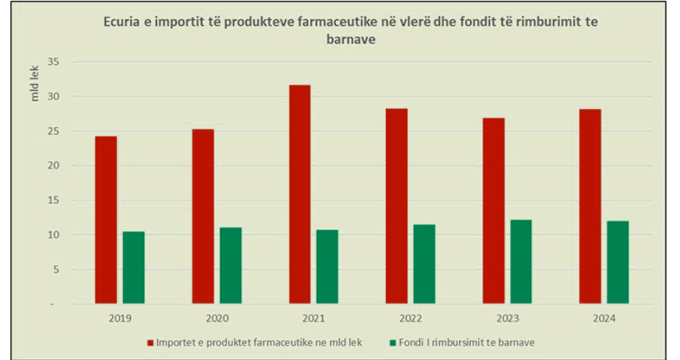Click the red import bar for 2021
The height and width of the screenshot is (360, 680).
pyautogui.click(x=300, y=194)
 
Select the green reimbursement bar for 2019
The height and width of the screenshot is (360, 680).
pyautogui.click(x=133, y=267)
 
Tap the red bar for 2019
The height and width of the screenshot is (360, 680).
pyautogui.click(x=106, y=219)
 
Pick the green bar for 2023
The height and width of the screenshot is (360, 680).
pyautogui.click(x=521, y=261)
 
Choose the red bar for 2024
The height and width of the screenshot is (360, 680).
pyautogui.click(x=590, y=206)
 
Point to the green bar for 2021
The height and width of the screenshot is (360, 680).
pyautogui.click(x=327, y=267)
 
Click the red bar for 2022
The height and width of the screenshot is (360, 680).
pyautogui.click(x=397, y=206)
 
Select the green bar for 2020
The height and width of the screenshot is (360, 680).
pyautogui.click(x=231, y=266)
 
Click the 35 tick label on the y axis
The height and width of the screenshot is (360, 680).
pyautogui.click(x=53, y=62)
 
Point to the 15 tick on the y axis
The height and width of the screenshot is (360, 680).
pyautogui.click(x=53, y=200)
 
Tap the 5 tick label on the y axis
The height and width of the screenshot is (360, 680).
pyautogui.click(x=57, y=269)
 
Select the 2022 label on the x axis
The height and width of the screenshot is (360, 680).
pyautogui.click(x=410, y=319)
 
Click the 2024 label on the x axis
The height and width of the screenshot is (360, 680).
pyautogui.click(x=604, y=319)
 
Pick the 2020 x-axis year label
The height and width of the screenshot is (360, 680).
pyautogui.click(x=217, y=319)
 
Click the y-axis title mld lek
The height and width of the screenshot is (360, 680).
pyautogui.click(x=35, y=84)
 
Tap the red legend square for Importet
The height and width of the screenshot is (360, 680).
pyautogui.click(x=150, y=343)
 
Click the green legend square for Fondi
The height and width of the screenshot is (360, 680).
pyautogui.click(x=393, y=343)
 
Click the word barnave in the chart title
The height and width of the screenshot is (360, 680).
pyautogui.click(x=351, y=40)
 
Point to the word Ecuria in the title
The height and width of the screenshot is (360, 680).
pyautogui.click(x=122, y=22)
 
